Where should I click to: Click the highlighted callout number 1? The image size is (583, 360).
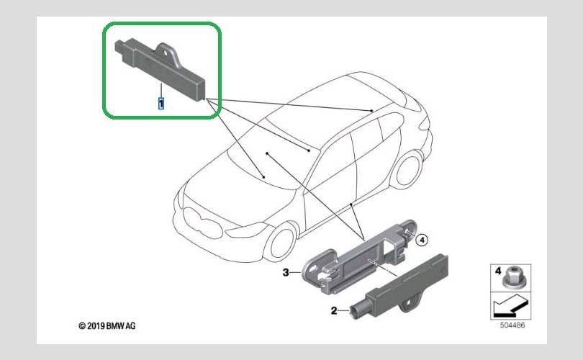[x=161, y=104]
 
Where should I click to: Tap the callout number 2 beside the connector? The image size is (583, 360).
[x=334, y=310]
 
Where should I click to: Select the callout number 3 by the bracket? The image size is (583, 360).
[x=286, y=273]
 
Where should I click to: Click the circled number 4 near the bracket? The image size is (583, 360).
[x=422, y=240]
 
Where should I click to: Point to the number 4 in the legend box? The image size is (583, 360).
[x=498, y=271]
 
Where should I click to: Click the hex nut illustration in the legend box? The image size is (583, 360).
[x=512, y=277]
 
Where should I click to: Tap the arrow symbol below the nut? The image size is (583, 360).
[x=510, y=306]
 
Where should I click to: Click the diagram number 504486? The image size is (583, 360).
[x=512, y=325]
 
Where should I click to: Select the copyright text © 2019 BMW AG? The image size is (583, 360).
[x=107, y=325]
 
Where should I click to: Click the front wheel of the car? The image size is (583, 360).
[x=281, y=242]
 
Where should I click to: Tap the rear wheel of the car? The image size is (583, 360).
[x=408, y=170]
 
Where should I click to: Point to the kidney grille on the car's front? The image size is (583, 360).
[x=204, y=222]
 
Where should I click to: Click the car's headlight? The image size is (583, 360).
[x=245, y=230]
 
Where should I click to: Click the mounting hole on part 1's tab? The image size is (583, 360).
[x=164, y=53]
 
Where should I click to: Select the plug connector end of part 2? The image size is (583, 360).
[x=358, y=309]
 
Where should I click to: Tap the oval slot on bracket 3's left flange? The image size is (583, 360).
[x=314, y=268]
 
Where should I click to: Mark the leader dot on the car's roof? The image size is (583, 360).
[x=371, y=111]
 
